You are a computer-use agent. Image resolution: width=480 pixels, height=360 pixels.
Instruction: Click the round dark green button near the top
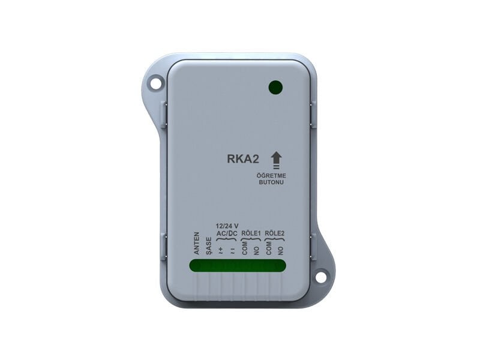pyautogui.click(x=275, y=88)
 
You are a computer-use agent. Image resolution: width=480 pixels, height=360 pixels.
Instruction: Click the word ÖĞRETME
pyautogui.click(x=272, y=175)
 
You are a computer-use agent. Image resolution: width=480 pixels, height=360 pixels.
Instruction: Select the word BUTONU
pyautogui.click(x=272, y=182)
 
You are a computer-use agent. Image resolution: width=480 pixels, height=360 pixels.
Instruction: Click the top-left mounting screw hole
pyautogui.click(x=155, y=83)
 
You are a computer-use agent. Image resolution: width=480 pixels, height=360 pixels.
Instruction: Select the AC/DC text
pyautogui.click(x=226, y=233)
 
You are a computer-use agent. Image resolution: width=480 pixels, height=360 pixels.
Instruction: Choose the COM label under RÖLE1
pyautogui.click(x=244, y=249)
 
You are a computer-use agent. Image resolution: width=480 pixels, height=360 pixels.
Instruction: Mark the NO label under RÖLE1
pyautogui.click(x=256, y=251)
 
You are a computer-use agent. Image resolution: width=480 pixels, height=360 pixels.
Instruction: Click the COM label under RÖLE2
pyautogui.click(x=268, y=249)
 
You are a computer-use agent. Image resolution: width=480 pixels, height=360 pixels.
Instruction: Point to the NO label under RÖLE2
pyautogui.click(x=281, y=251)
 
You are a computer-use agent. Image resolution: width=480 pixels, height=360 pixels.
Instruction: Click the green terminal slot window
pyautogui.click(x=238, y=266)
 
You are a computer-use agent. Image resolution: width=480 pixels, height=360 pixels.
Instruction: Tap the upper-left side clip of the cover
pyautogui.click(x=164, y=114)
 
